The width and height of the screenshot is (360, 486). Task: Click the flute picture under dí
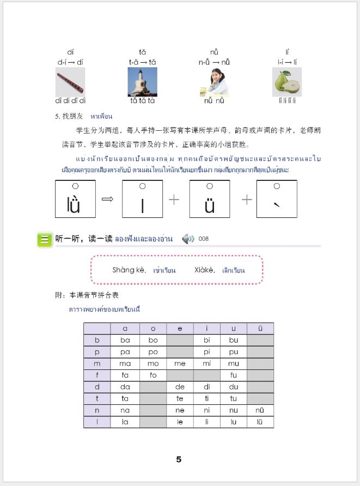click(70, 82)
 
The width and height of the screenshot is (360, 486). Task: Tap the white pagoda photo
click(142, 82)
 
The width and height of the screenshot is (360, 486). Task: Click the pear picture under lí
click(287, 82)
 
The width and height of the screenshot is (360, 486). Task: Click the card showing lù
click(75, 199)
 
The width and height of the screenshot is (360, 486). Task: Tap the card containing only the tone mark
click(276, 199)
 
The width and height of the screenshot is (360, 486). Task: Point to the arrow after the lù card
click(108, 199)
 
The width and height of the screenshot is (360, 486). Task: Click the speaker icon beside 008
click(188, 239)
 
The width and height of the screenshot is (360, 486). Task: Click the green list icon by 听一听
click(44, 239)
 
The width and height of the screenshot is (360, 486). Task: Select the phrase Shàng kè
click(126, 270)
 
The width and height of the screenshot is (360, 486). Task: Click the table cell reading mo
click(153, 363)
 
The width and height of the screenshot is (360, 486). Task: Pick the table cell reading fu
click(234, 375)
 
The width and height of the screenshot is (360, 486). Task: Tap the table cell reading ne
click(180, 410)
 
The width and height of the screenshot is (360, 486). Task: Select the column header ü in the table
click(260, 328)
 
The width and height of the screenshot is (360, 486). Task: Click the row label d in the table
click(97, 387)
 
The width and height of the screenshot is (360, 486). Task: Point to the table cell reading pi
click(206, 351)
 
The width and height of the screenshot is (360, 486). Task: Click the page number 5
click(179, 459)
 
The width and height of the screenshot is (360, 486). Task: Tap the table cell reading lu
click(234, 422)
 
